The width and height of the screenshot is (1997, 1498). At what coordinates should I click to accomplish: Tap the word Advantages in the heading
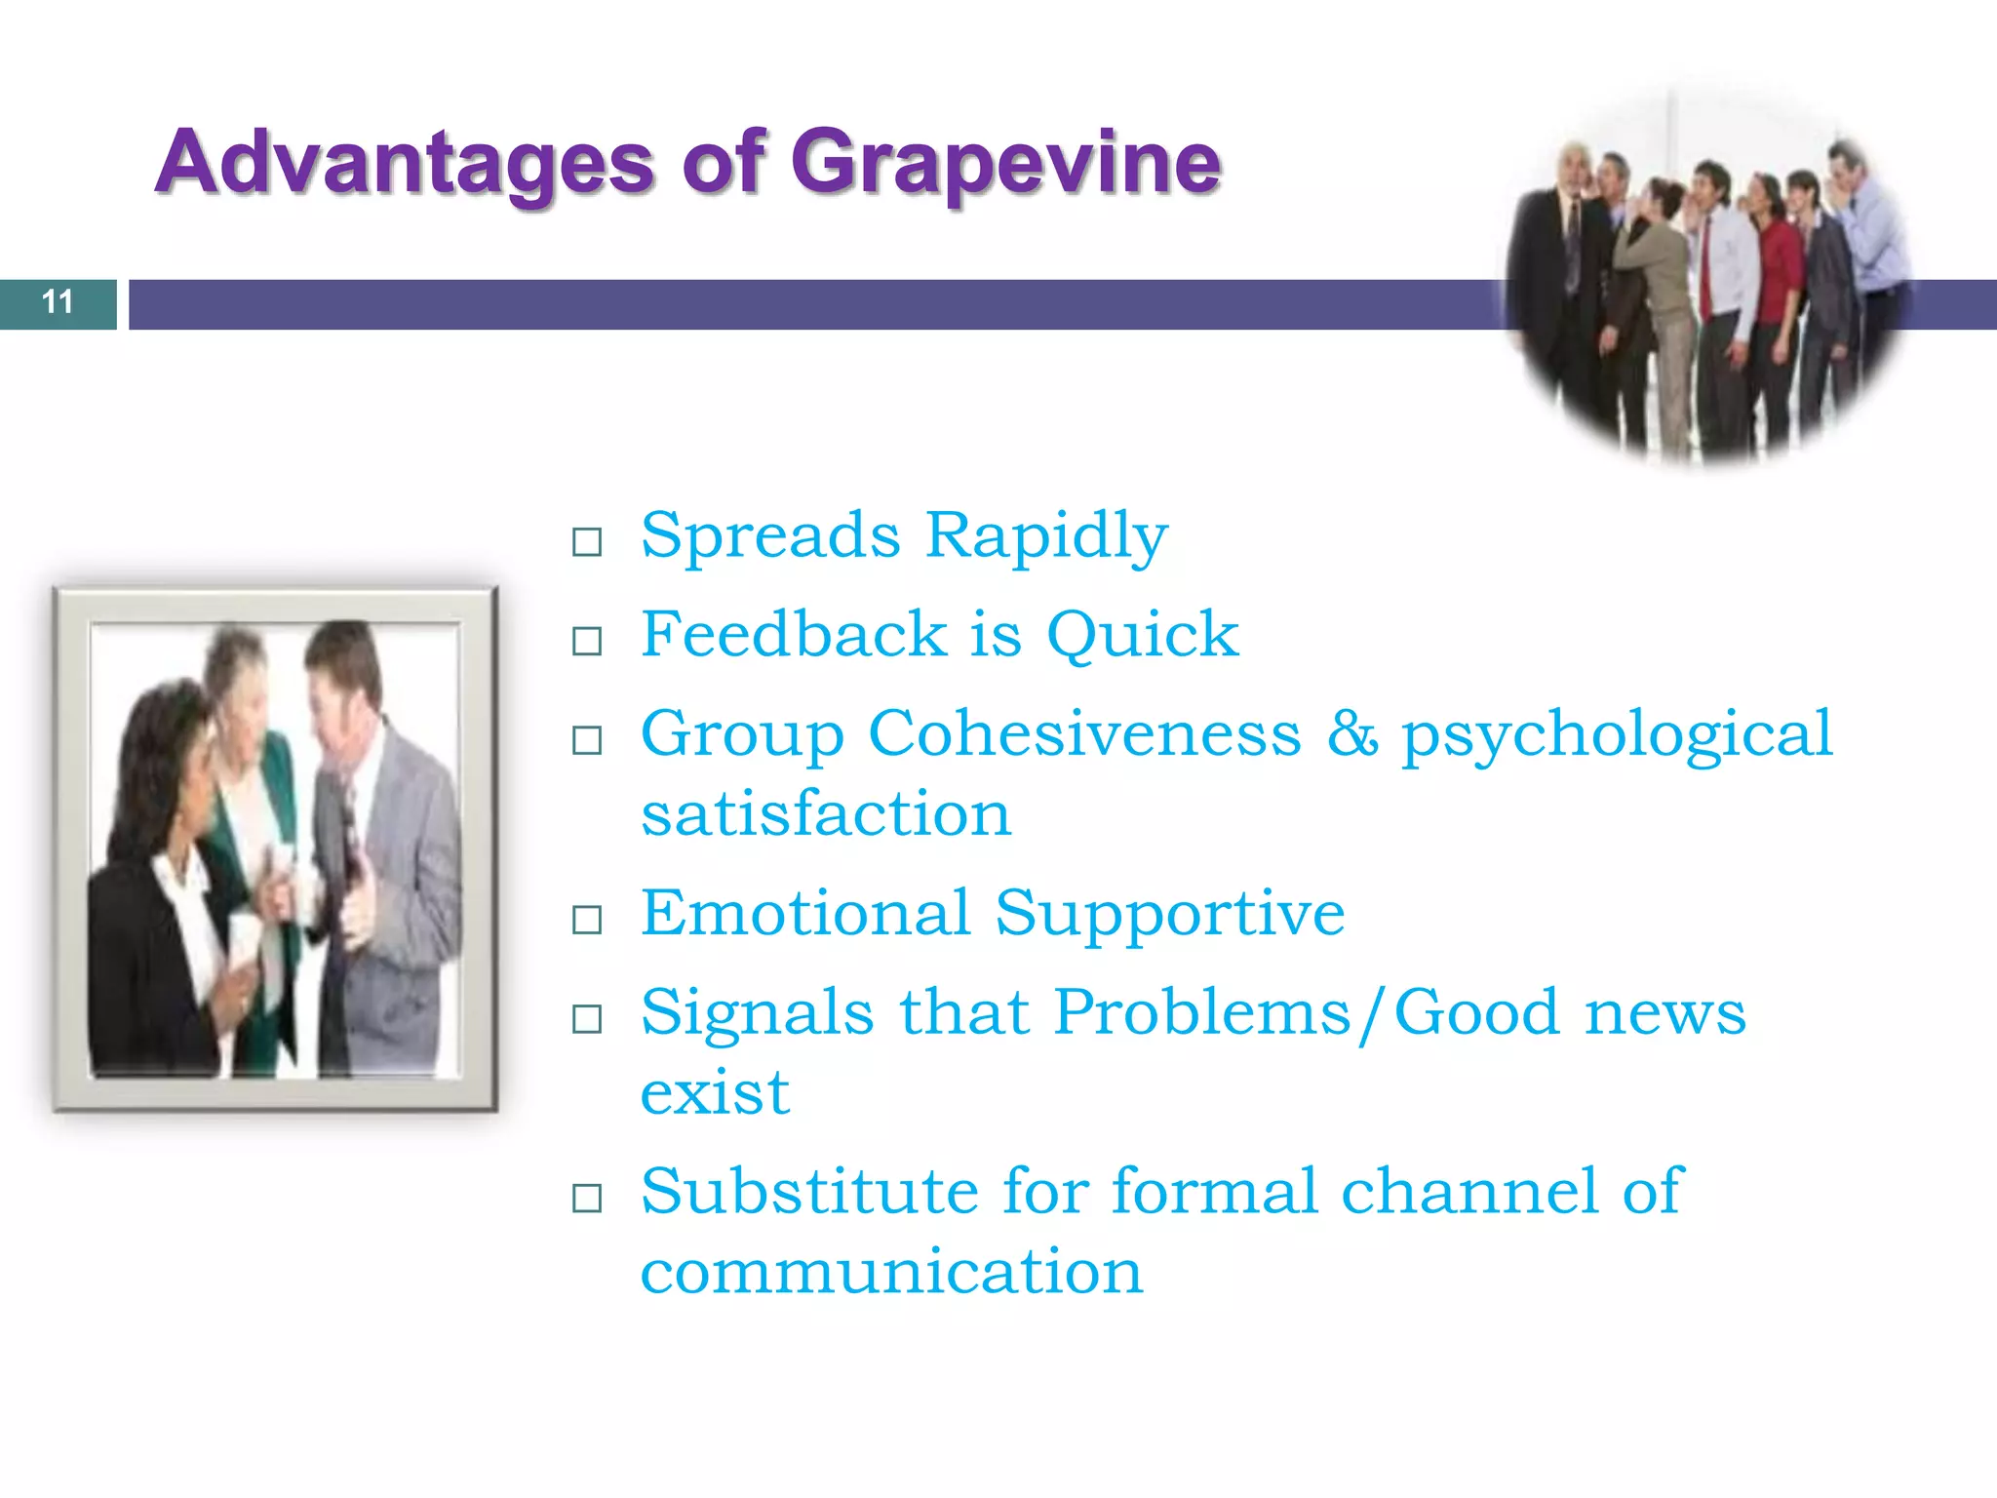(x=405, y=164)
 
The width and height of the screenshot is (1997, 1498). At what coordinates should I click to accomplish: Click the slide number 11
(x=58, y=302)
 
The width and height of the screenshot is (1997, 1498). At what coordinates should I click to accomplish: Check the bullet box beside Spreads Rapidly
(x=587, y=541)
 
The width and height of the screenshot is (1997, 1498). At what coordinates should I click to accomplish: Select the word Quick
(x=1142, y=636)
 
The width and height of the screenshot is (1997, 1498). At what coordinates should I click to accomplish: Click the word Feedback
(x=793, y=634)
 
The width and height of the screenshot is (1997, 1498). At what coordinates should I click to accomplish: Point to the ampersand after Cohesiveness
(x=1351, y=733)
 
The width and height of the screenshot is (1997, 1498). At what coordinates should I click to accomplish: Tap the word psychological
(x=1617, y=736)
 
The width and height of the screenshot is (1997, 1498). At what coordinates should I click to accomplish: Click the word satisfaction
(x=826, y=814)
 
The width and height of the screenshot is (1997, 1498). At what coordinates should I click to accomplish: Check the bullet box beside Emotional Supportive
(x=587, y=919)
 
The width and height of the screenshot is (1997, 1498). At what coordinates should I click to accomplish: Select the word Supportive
(x=1169, y=915)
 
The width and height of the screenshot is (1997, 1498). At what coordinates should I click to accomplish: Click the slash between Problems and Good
(x=1372, y=1014)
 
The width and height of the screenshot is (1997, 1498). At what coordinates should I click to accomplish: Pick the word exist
(x=715, y=1094)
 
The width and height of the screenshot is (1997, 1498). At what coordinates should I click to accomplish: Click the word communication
(x=890, y=1273)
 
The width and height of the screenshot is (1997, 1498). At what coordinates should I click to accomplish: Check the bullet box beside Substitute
(x=587, y=1198)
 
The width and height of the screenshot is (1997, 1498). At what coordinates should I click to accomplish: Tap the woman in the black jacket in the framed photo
(x=156, y=897)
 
